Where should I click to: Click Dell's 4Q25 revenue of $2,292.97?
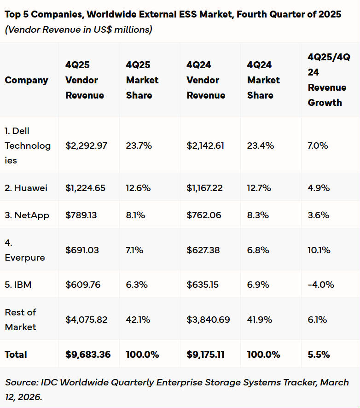(86, 146)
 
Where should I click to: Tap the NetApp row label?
(27, 215)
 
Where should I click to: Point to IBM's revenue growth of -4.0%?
(321, 285)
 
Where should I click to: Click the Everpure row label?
(25, 250)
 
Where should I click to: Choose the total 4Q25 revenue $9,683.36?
(88, 355)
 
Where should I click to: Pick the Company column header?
(26, 80)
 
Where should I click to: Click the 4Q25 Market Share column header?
(142, 80)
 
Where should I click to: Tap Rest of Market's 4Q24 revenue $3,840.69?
(208, 320)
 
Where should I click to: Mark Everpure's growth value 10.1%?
(319, 250)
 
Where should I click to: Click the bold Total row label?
(16, 355)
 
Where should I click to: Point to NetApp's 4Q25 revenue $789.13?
(81, 215)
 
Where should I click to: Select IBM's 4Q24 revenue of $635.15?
(203, 285)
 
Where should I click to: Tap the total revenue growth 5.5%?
(319, 355)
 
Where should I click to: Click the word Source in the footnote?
(22, 382)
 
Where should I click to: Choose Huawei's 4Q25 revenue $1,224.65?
(86, 188)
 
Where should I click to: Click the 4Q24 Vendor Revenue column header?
(206, 80)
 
